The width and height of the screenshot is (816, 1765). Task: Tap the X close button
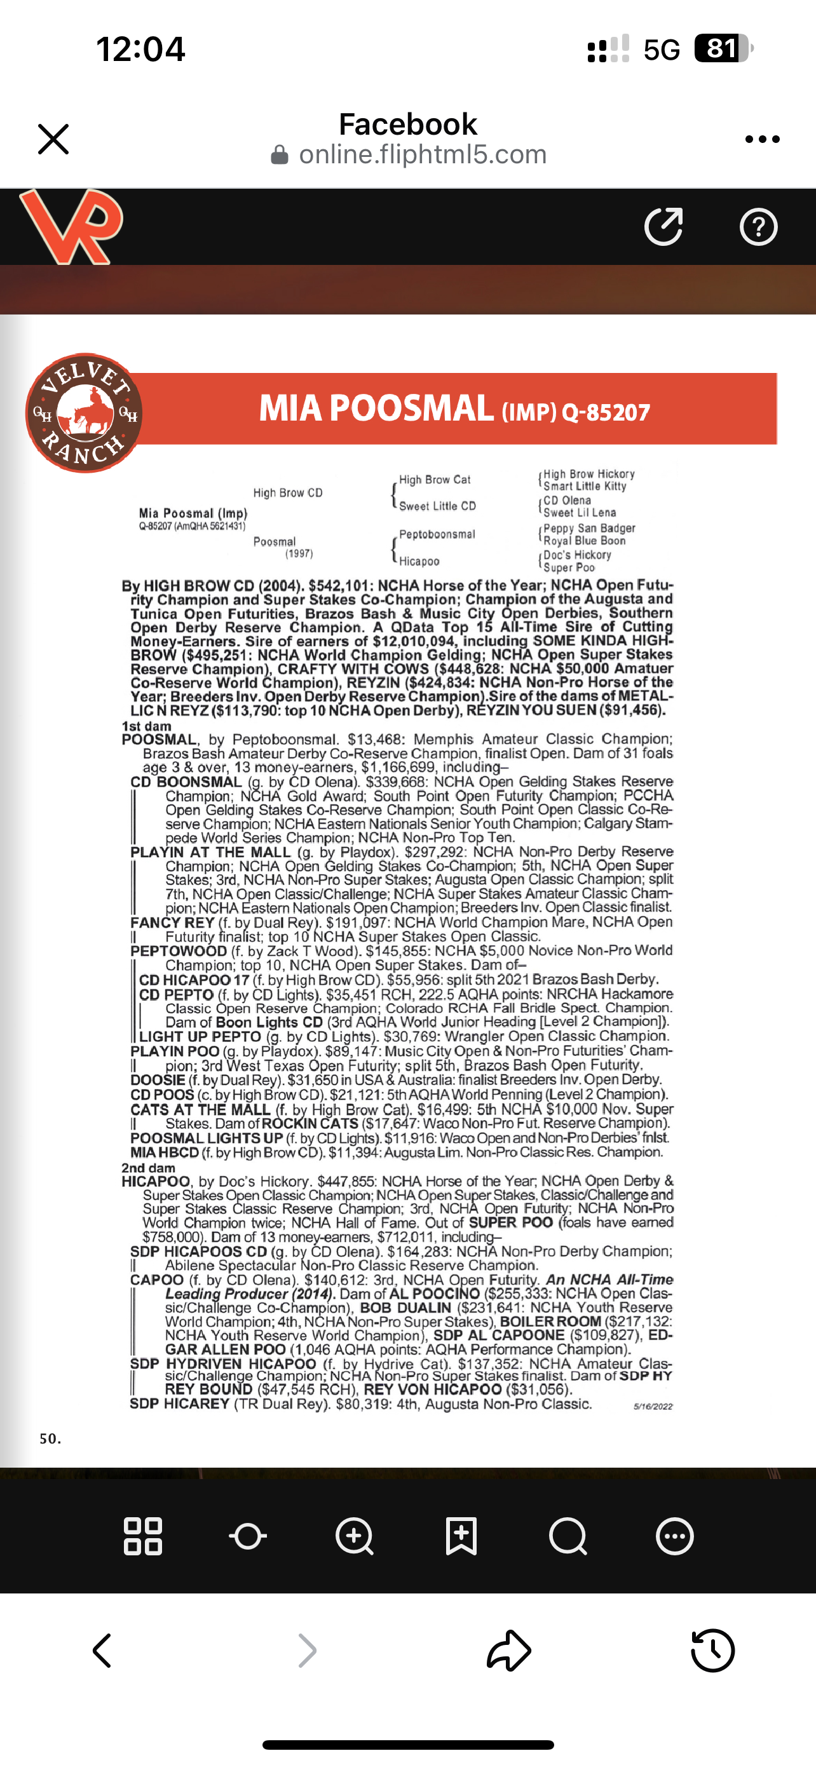pyautogui.click(x=53, y=139)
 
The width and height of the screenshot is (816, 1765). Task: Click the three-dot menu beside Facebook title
pyautogui.click(x=762, y=139)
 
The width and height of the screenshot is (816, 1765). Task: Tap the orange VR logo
pyautogui.click(x=71, y=226)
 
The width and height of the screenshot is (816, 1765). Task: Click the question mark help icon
pyautogui.click(x=758, y=227)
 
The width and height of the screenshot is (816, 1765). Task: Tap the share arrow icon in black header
pyautogui.click(x=663, y=226)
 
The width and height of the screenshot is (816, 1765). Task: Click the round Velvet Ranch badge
pyautogui.click(x=84, y=413)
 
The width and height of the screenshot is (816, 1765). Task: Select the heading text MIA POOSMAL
pyautogui.click(x=376, y=409)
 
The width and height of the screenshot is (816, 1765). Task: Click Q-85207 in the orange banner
pyautogui.click(x=606, y=412)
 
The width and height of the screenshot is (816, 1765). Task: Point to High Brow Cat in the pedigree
pyautogui.click(x=435, y=480)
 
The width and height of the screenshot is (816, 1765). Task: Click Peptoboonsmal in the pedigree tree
pyautogui.click(x=437, y=534)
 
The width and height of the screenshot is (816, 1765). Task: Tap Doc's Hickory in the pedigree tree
pyautogui.click(x=577, y=555)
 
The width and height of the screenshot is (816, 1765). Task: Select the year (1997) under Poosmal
pyautogui.click(x=299, y=553)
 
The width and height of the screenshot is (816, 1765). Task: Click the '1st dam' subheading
pyautogui.click(x=147, y=726)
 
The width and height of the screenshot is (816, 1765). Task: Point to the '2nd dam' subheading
pyautogui.click(x=148, y=1168)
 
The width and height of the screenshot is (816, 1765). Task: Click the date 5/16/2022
pyautogui.click(x=653, y=1406)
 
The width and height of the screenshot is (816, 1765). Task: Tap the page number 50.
pyautogui.click(x=50, y=1438)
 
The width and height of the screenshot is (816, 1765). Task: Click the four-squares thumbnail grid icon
pyautogui.click(x=142, y=1536)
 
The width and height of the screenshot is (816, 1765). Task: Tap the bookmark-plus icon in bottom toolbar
pyautogui.click(x=461, y=1536)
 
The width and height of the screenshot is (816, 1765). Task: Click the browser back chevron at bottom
pyautogui.click(x=102, y=1651)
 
